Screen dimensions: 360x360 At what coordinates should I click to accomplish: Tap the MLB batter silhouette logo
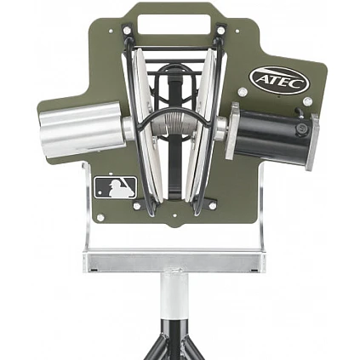click(115, 187)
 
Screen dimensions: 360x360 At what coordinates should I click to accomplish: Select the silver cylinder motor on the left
click(81, 129)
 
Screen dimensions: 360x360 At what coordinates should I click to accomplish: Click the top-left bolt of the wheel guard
click(127, 31)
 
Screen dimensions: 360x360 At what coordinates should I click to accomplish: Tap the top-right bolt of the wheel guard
click(220, 31)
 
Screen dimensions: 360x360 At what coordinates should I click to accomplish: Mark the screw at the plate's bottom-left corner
click(100, 218)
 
